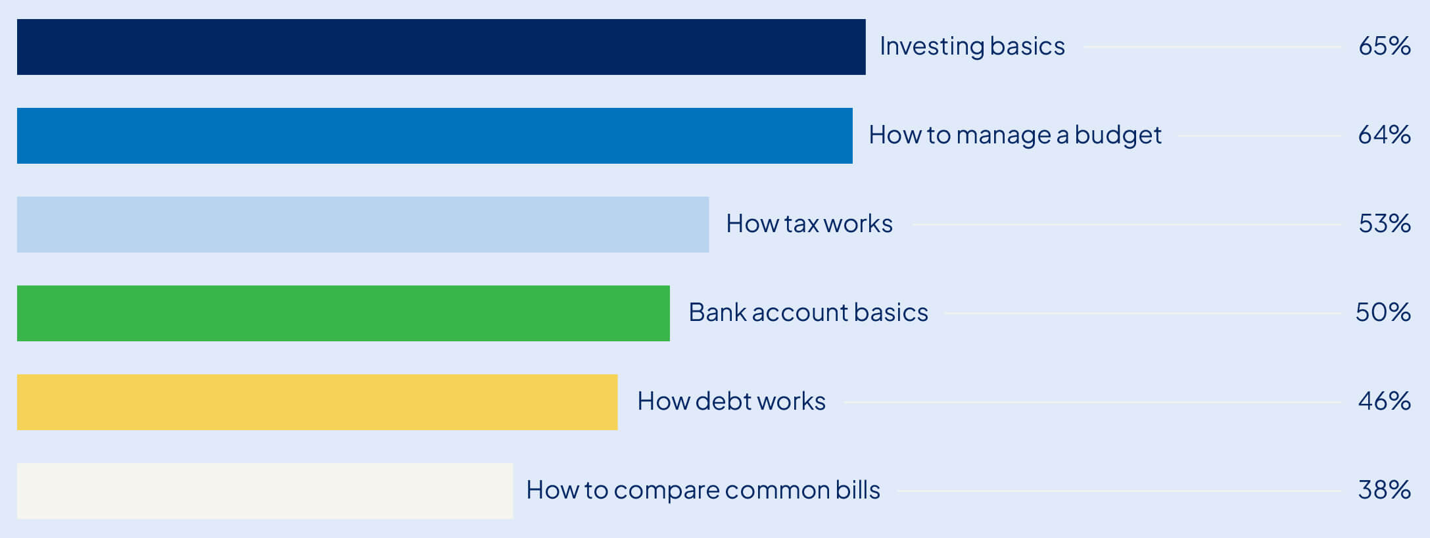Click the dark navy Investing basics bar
click(441, 47)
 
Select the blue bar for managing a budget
click(435, 135)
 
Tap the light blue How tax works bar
click(363, 224)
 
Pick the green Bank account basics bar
click(343, 313)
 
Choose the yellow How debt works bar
click(317, 402)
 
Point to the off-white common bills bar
click(265, 491)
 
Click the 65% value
click(1384, 46)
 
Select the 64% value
click(1384, 135)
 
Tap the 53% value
click(1384, 224)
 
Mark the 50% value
click(1383, 312)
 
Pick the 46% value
click(1384, 401)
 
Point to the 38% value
click(1384, 490)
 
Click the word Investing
click(932, 47)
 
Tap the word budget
click(1118, 135)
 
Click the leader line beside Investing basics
click(1212, 47)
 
